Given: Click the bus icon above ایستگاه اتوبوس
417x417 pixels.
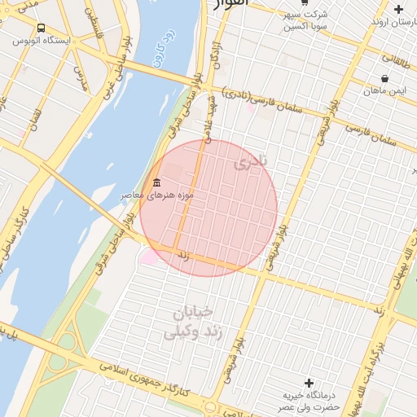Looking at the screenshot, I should [x=41, y=28].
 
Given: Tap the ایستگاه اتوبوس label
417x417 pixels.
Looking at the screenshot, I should [x=47, y=40].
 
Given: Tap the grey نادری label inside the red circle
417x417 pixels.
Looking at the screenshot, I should [x=250, y=163].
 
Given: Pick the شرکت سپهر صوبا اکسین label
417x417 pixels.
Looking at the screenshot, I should [x=304, y=20].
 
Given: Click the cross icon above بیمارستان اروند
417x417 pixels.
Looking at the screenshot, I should [x=398, y=10].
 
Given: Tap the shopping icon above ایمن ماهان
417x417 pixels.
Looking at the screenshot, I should [x=384, y=79].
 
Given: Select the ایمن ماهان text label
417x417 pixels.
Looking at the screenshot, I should [x=386, y=90].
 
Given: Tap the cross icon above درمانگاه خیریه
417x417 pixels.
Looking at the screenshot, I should [x=308, y=383].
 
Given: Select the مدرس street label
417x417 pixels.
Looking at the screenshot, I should [x=80, y=77].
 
